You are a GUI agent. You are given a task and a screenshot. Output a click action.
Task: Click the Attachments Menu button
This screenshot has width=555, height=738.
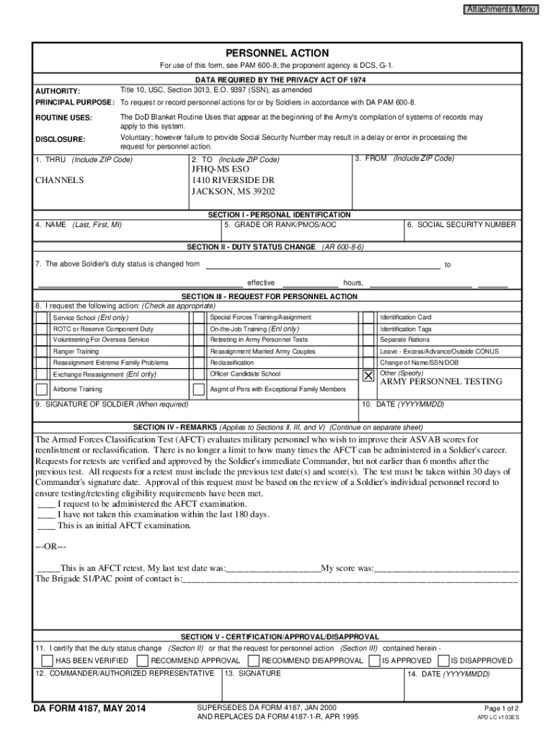click(501, 9)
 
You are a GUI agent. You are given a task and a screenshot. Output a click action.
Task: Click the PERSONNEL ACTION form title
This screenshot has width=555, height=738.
click(277, 53)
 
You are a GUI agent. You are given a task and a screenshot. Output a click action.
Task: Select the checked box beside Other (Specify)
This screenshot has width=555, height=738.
click(368, 376)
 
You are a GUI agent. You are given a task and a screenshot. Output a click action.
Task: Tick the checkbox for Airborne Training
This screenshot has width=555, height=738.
click(42, 389)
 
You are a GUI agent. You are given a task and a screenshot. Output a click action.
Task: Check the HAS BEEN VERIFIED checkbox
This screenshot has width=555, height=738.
click(47, 660)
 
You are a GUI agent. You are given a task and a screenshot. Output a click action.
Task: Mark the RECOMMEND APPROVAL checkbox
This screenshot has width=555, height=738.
click(142, 660)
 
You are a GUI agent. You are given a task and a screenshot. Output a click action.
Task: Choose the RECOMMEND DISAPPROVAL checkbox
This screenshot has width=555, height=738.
click(253, 660)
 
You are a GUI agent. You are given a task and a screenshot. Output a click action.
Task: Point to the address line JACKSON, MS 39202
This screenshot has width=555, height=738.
click(233, 192)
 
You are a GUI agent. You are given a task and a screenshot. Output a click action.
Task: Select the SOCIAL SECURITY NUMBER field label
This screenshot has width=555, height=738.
click(461, 225)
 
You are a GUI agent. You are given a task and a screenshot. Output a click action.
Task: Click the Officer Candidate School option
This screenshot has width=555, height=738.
click(244, 374)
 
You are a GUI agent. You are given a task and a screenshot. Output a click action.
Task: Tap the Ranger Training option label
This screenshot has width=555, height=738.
click(76, 351)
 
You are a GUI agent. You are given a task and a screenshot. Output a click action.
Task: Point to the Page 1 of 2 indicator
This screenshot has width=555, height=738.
click(502, 708)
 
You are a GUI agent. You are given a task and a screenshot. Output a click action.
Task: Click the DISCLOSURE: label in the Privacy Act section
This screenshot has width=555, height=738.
click(61, 139)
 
